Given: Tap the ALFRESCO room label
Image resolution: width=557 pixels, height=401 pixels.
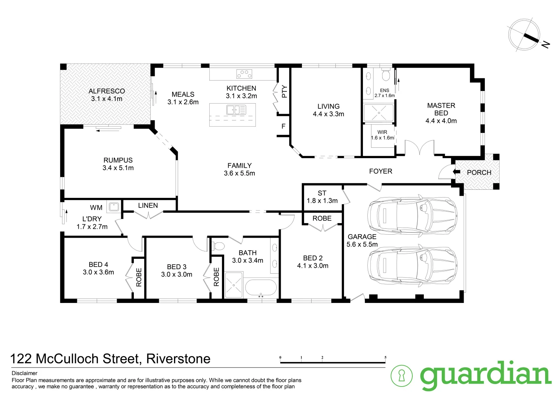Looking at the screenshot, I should click(107, 91).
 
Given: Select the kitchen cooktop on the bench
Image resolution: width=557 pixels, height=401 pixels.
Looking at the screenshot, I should click(244, 74).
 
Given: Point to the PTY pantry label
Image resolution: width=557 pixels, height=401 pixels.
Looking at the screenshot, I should click(284, 91).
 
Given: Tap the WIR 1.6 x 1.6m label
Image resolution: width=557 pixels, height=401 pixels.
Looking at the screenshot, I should click(382, 135).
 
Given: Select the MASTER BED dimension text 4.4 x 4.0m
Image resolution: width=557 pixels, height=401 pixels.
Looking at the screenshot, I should click(441, 121).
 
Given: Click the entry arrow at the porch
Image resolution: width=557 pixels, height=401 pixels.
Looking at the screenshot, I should click(454, 172).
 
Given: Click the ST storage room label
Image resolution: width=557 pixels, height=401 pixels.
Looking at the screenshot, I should click(322, 193).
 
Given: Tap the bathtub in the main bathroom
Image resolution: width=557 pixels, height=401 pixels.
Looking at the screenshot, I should click(261, 288).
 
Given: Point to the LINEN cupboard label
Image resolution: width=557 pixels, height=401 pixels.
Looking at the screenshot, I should click(148, 205).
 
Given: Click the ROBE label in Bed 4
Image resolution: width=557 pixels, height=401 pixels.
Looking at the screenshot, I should click(139, 277).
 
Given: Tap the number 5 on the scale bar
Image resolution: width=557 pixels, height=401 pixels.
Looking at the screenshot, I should click(386, 358).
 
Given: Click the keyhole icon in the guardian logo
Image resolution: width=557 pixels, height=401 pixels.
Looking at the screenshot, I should click(402, 376).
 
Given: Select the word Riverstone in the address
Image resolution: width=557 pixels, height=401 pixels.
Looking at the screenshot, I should click(178, 359).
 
